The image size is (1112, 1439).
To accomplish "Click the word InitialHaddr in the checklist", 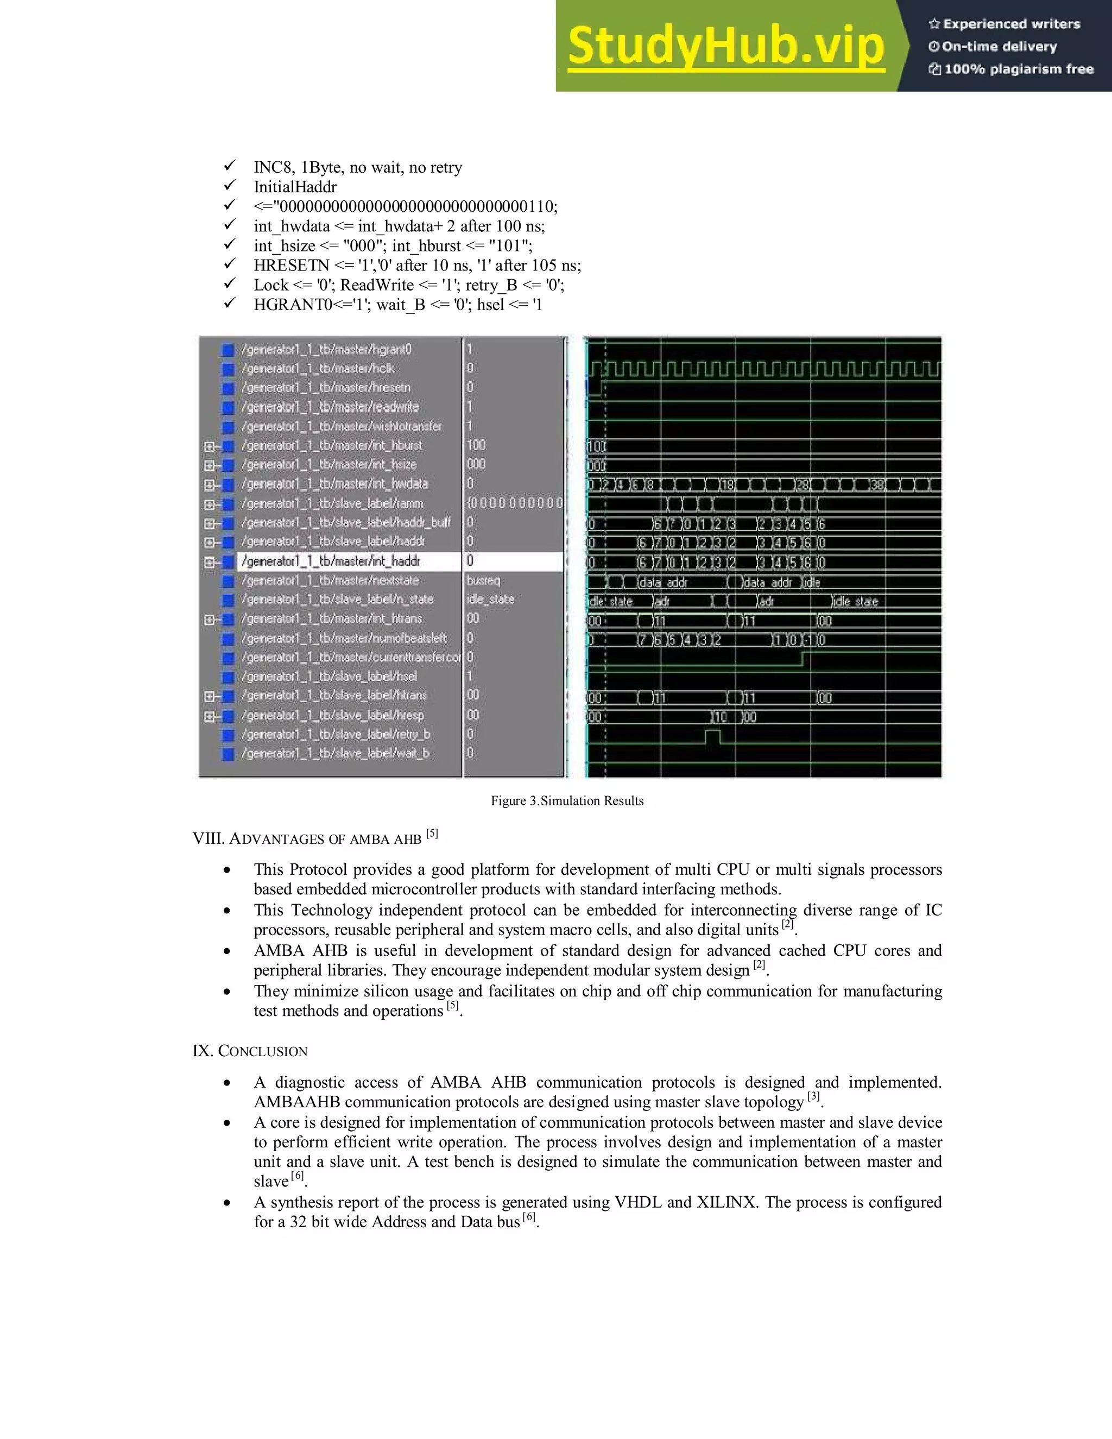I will [x=295, y=187].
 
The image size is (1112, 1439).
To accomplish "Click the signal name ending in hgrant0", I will [x=326, y=349].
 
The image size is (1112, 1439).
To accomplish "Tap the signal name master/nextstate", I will [x=330, y=580].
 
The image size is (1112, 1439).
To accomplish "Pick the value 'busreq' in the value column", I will [x=484, y=580].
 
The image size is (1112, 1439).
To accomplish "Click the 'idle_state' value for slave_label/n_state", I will [x=491, y=599].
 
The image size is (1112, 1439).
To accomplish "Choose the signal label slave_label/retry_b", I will [x=336, y=734].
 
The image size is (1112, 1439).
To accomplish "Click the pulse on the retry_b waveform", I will [x=713, y=736].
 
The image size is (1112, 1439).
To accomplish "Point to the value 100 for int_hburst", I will [x=476, y=445].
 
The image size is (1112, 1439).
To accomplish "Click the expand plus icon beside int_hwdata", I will [x=210, y=485].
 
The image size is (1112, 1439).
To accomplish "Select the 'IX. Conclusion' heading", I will [x=250, y=1051].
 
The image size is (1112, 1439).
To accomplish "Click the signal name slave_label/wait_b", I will [x=336, y=753].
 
